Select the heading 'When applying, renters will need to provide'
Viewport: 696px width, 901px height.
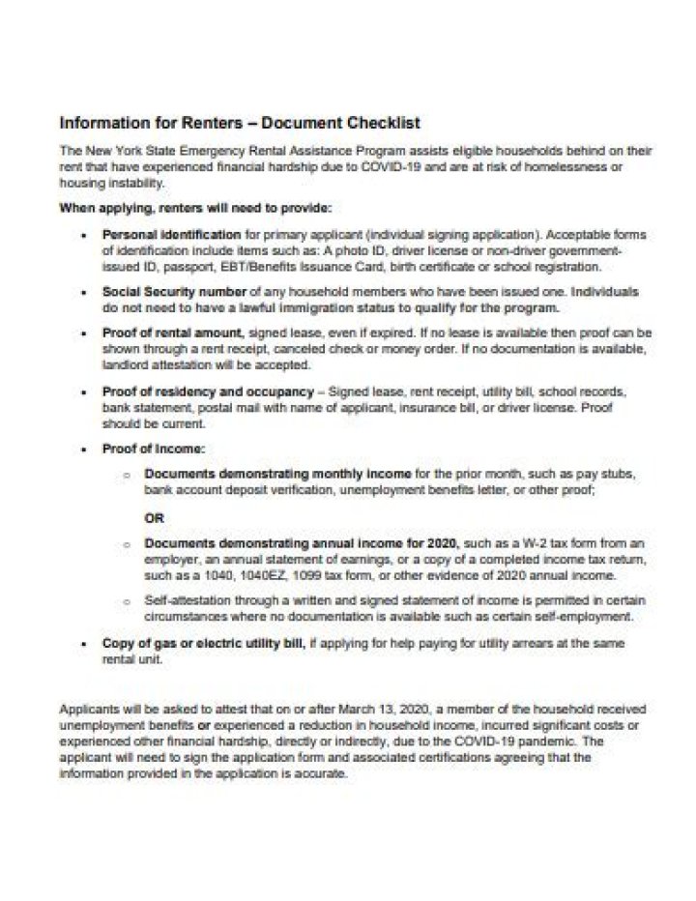coord(195,208)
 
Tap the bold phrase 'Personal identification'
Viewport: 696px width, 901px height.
coord(171,235)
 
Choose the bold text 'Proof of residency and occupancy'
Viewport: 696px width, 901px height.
coord(206,392)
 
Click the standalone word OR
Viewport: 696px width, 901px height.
coord(155,517)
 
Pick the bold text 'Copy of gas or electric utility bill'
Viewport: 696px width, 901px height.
coord(204,643)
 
